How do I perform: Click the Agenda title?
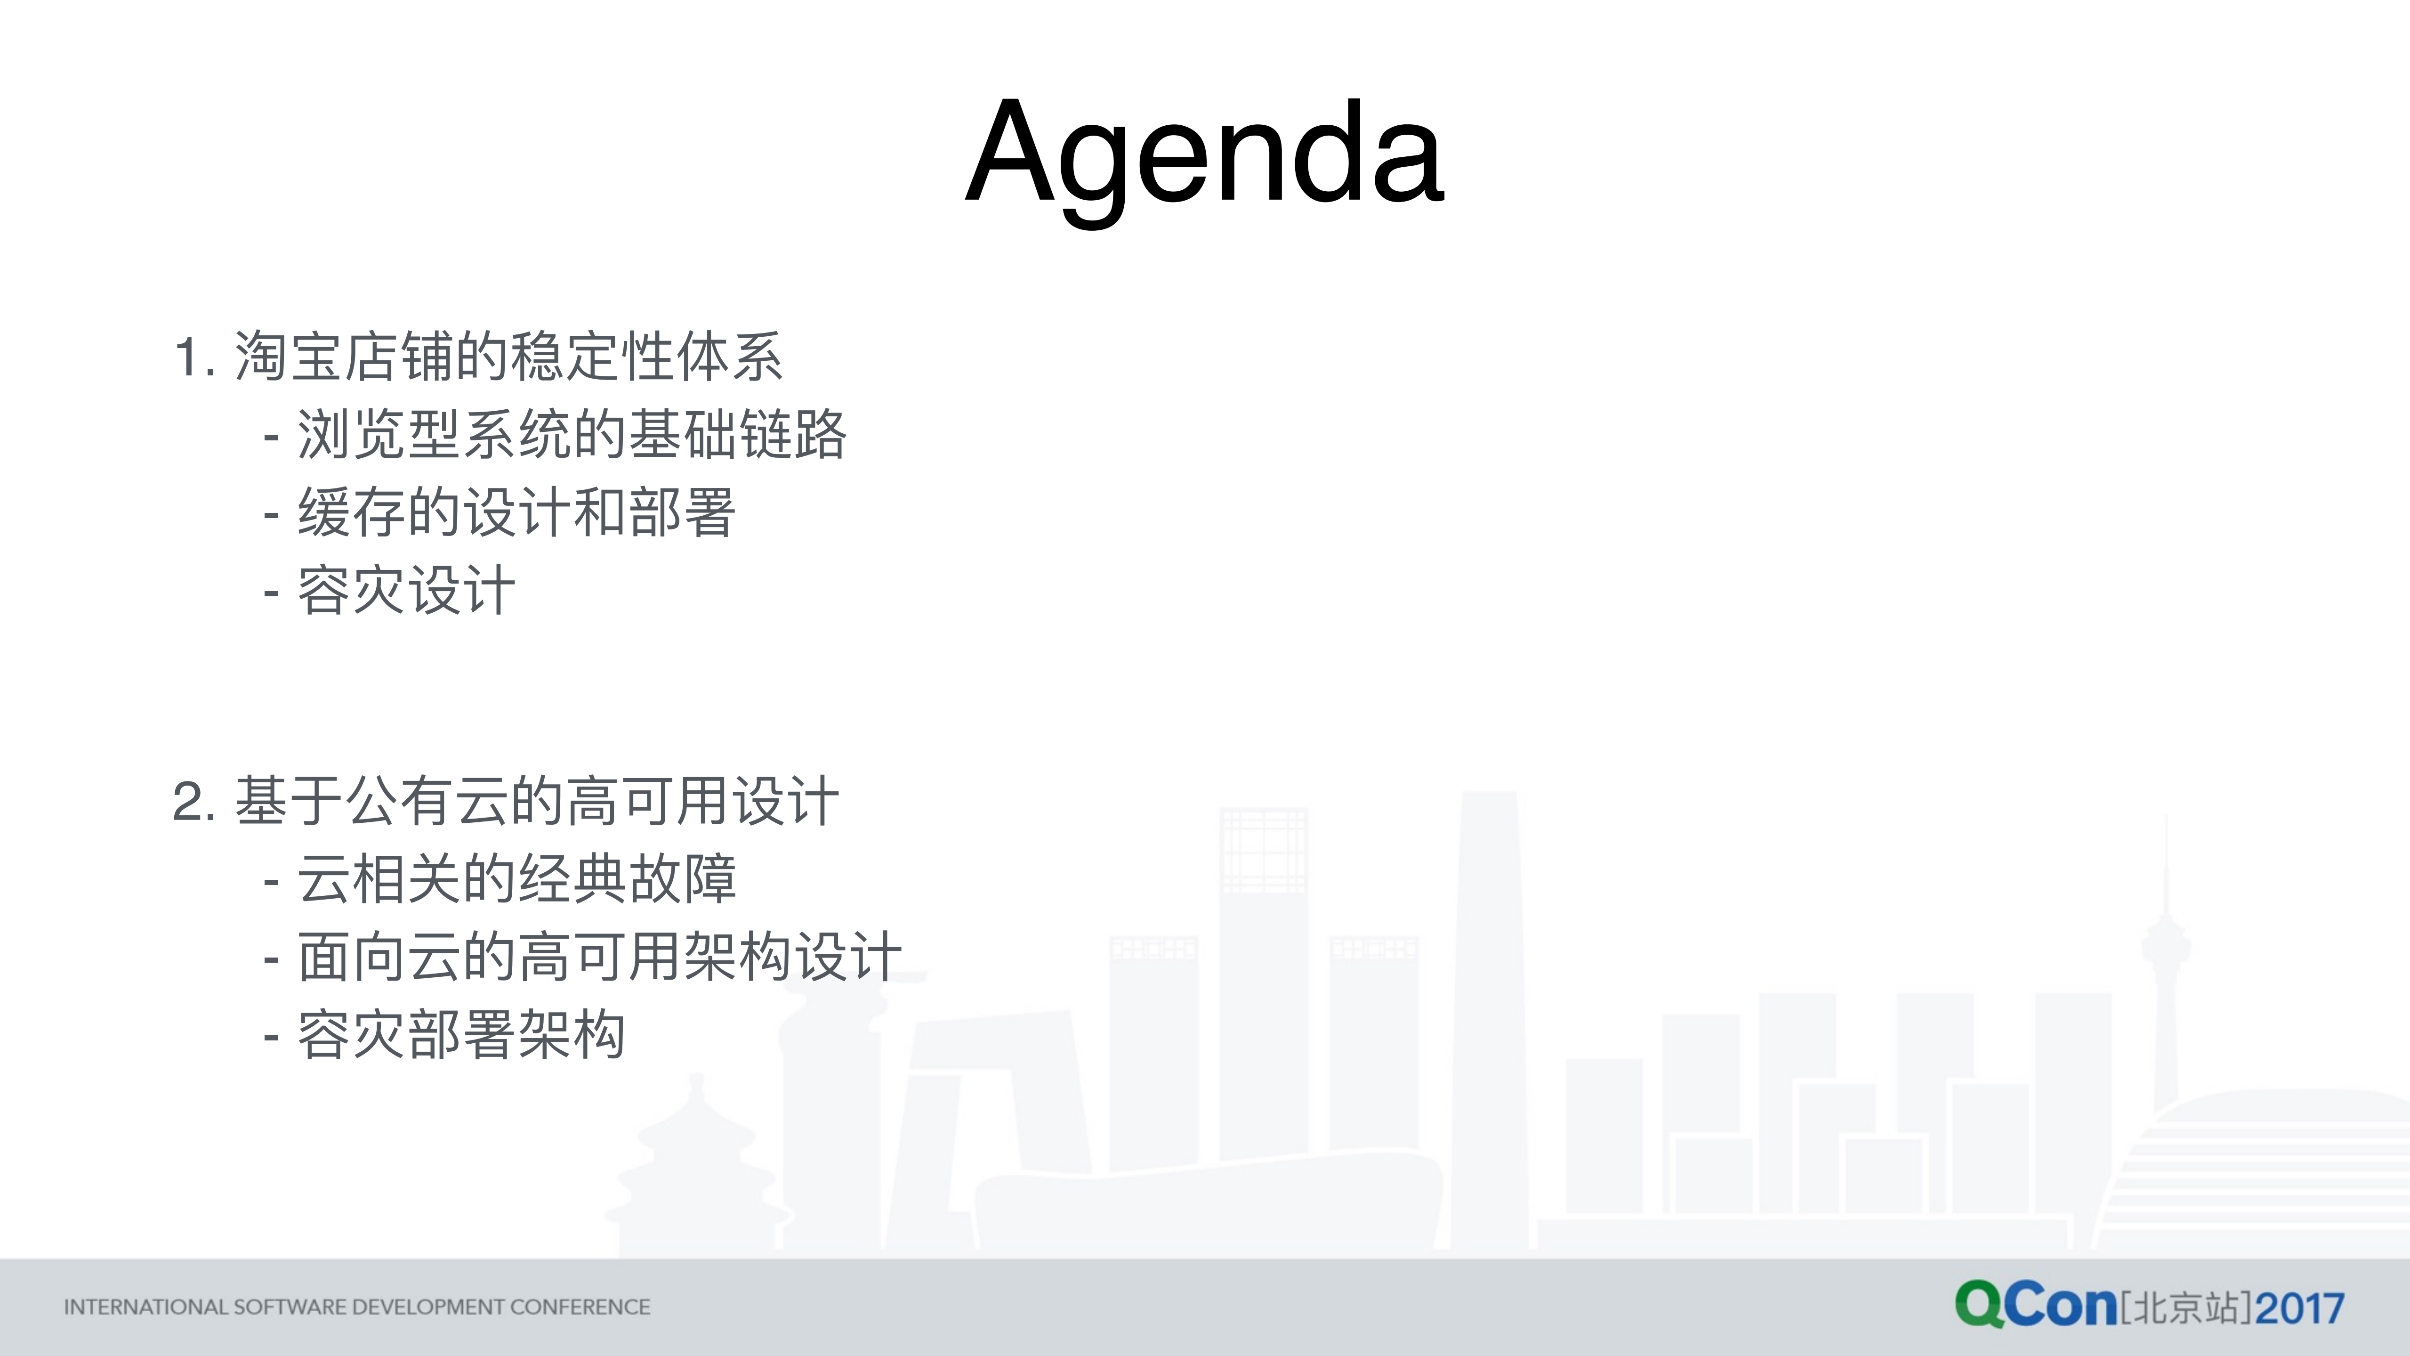(1205, 154)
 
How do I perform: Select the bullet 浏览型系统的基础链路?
(571, 435)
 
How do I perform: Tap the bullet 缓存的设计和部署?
(516, 513)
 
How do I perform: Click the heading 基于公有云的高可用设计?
(536, 802)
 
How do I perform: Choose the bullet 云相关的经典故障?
(516, 880)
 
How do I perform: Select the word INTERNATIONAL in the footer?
(145, 1307)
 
